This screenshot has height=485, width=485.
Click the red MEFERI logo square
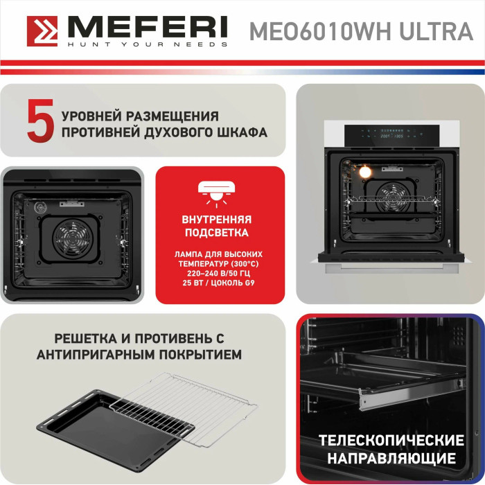point(42,31)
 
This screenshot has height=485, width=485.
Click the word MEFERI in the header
point(148,28)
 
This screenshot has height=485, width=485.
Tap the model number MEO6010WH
point(321,31)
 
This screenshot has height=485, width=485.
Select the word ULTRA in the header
point(436,31)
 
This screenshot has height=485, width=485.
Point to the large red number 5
point(40,121)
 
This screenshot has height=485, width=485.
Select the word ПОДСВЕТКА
point(216,233)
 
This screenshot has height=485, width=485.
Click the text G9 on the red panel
point(249,283)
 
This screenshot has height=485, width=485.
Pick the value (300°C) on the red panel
point(244,264)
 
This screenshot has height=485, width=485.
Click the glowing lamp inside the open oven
point(365,172)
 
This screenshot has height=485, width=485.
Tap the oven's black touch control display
point(392,136)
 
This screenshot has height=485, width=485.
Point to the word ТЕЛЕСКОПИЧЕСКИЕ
point(391,440)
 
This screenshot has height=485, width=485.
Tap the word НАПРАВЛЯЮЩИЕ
point(391,458)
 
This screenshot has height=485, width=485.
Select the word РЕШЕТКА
point(85,338)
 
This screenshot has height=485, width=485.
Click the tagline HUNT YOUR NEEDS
point(148,44)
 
